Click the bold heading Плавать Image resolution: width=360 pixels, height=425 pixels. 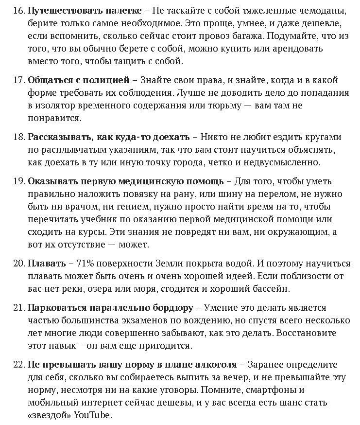coord(47,264)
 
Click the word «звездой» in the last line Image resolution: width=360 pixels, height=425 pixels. coord(49,415)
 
